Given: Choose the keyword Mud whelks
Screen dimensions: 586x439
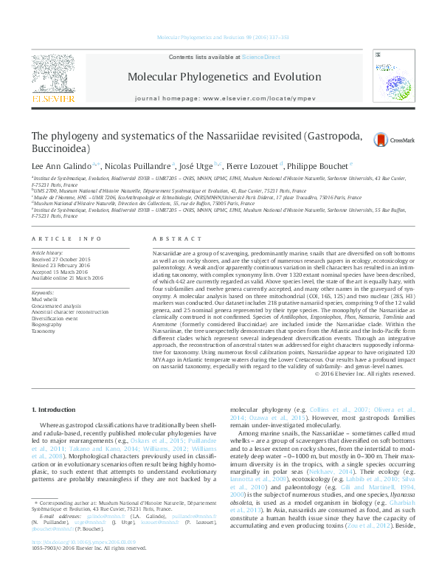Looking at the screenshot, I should [45, 299].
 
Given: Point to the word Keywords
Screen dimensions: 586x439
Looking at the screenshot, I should [44, 292].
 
